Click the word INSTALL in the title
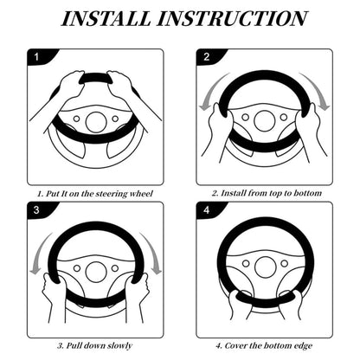pyautogui.click(x=106, y=18)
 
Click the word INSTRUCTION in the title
pyautogui.click(x=232, y=18)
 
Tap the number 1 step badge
pyautogui.click(x=36, y=56)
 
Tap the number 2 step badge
pyautogui.click(x=206, y=56)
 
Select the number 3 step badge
pyautogui.click(x=36, y=209)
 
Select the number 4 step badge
pyautogui.click(x=206, y=209)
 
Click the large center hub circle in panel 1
pyautogui.click(x=96, y=122)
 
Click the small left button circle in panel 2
pyautogui.click(x=246, y=118)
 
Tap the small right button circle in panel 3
pyautogui.click(x=115, y=268)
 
